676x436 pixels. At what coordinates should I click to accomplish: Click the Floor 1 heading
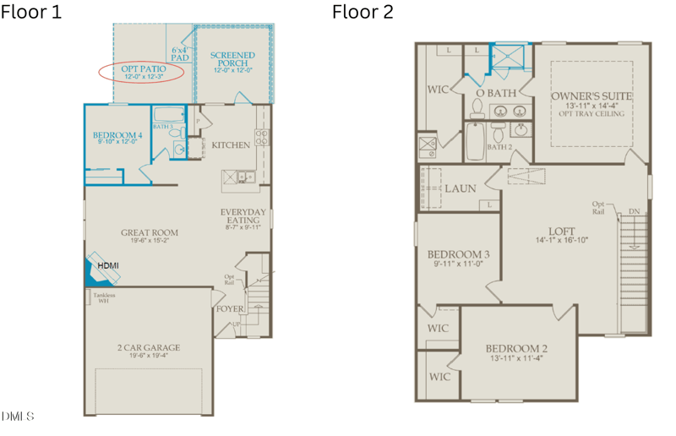click(x=31, y=12)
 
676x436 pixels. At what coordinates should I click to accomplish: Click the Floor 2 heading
click(x=363, y=12)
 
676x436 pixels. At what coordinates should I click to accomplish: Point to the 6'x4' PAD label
click(x=180, y=54)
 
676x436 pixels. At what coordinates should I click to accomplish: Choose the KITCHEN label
click(x=231, y=145)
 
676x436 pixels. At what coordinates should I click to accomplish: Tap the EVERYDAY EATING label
click(x=243, y=217)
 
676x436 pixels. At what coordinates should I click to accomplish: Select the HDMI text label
click(x=109, y=265)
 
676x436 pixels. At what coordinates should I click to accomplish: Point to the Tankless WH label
click(x=104, y=297)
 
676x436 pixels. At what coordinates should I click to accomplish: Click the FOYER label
click(x=230, y=309)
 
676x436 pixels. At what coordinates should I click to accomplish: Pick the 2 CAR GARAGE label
click(x=149, y=348)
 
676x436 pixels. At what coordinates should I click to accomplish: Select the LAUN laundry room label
click(x=461, y=188)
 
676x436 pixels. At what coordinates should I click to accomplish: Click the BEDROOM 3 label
click(x=458, y=256)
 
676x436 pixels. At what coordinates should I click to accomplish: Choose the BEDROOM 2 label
click(x=516, y=350)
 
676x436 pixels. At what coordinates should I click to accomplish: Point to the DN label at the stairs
click(x=634, y=211)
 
